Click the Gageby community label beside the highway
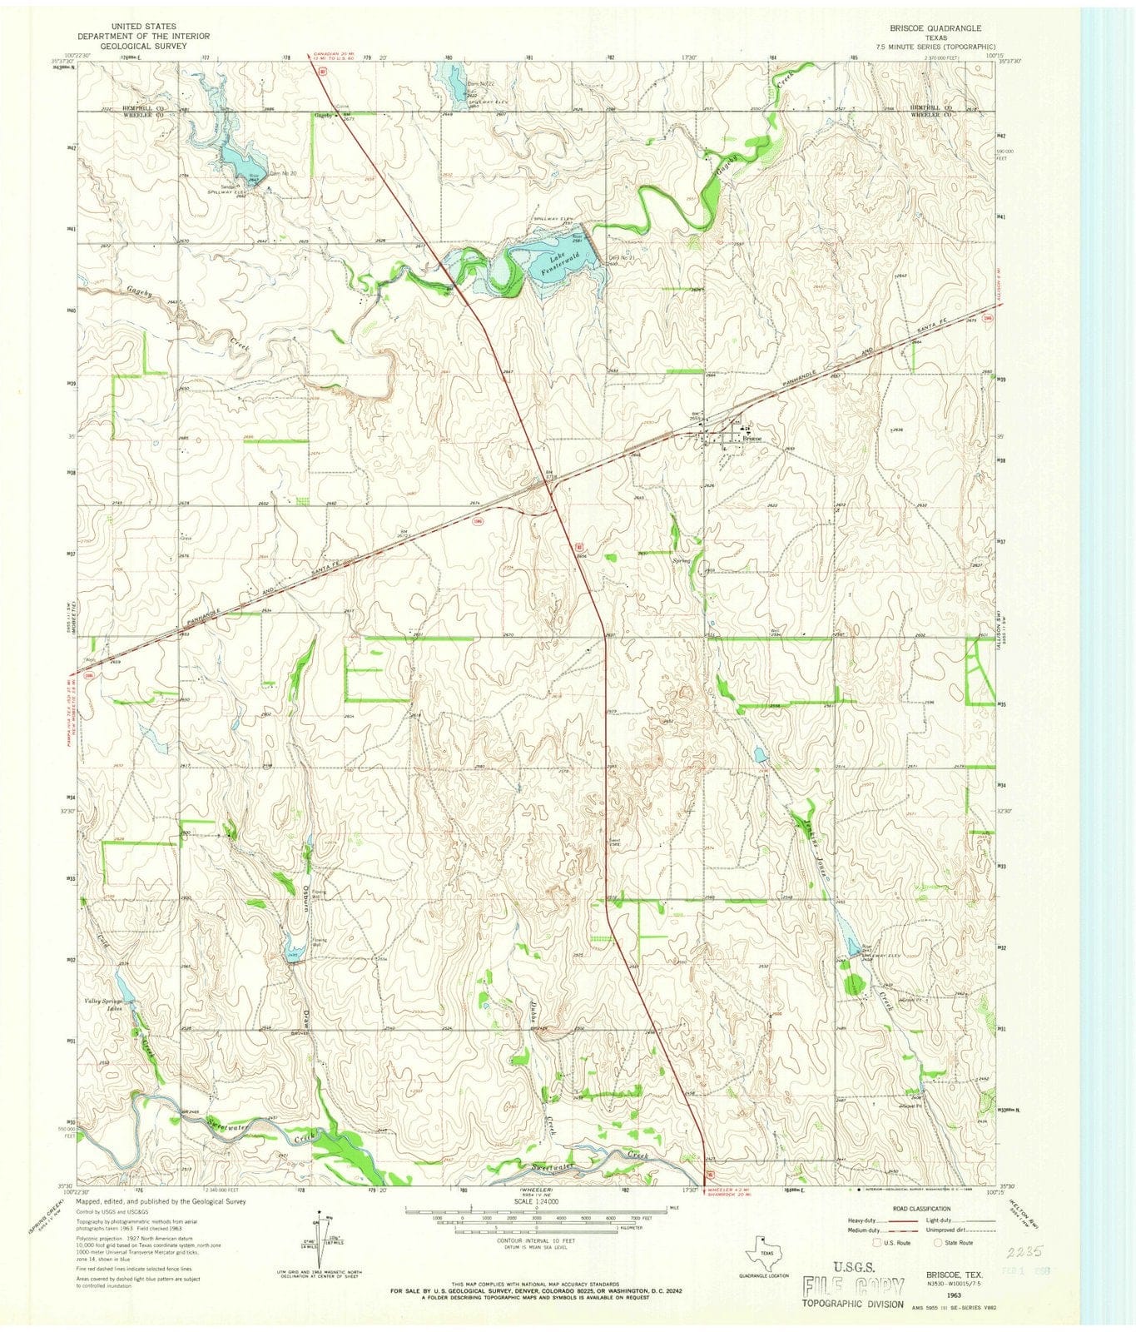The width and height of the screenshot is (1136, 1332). pos(322,114)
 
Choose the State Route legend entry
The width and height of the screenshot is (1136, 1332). pos(957,1242)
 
